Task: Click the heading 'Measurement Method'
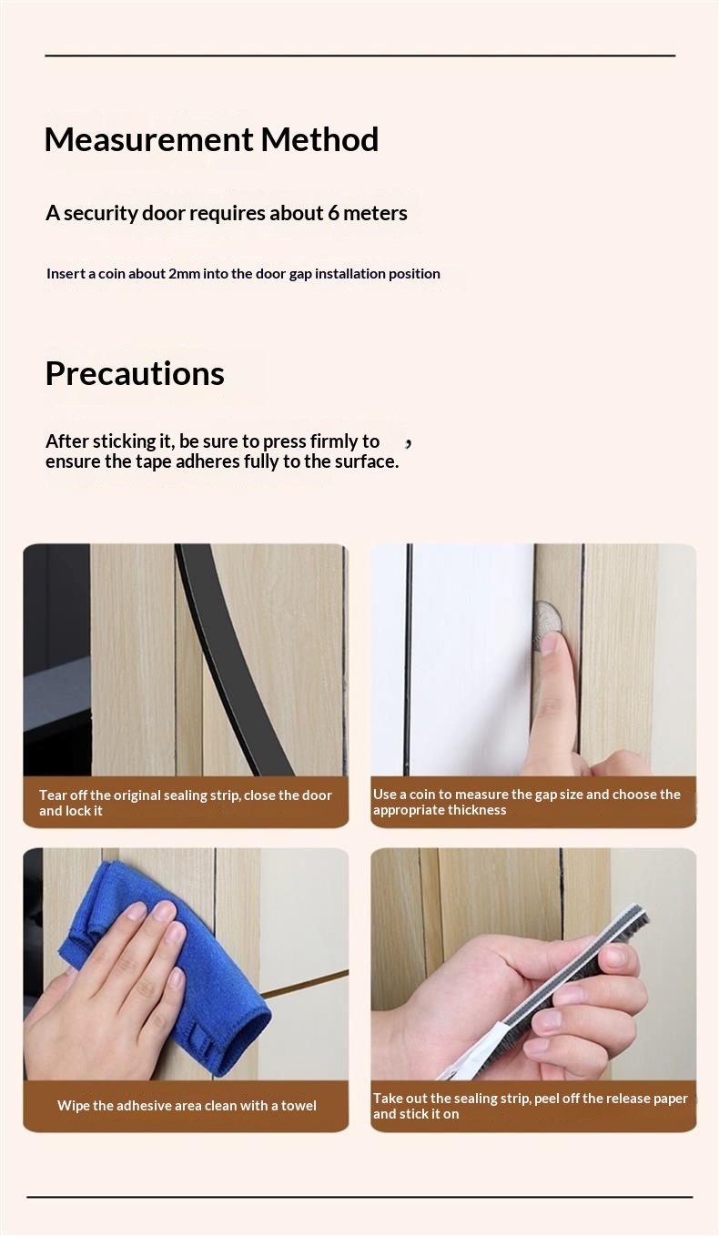[211, 139]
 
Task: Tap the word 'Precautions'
[135, 373]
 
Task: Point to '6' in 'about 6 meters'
[333, 213]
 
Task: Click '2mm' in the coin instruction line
[184, 274]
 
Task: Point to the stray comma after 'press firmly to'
[408, 443]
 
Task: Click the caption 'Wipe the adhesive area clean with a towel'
[187, 1105]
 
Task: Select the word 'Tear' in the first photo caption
[53, 795]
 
